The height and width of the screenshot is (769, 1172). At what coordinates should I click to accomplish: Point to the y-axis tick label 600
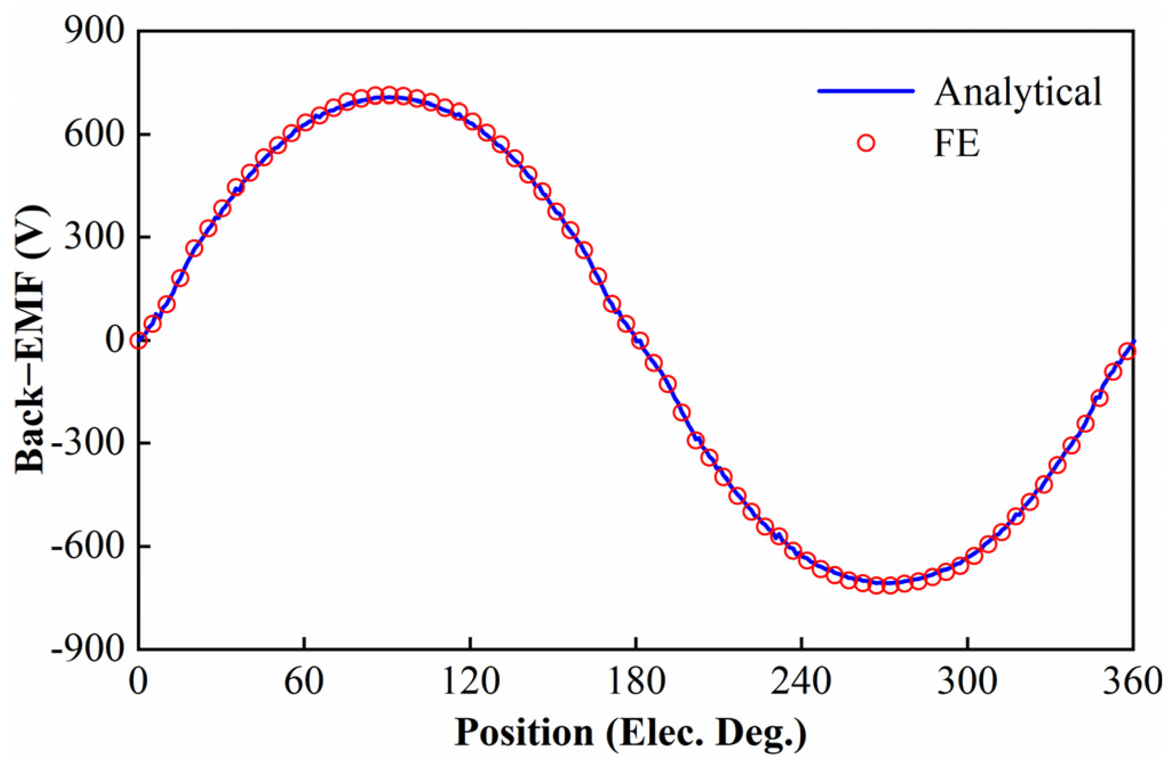pos(94,135)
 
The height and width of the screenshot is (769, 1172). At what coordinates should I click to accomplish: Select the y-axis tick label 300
pos(94,237)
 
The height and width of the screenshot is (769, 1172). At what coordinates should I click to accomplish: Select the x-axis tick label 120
pos(470,682)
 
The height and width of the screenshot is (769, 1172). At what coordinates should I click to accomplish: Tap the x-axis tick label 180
pos(636,682)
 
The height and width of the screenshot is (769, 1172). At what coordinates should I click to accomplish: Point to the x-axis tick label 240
pos(801,682)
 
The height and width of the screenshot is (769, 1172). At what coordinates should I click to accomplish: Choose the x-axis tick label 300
pos(967,682)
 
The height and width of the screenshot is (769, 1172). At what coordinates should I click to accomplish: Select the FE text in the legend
pos(957,143)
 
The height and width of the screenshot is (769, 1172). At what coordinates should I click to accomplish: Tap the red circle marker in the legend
pos(866,143)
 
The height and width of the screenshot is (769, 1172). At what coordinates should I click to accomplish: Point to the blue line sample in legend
pos(866,91)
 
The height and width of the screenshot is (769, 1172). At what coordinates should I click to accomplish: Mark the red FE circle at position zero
pos(138,340)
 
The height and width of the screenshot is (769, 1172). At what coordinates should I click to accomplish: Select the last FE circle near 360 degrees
pos(1127,351)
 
